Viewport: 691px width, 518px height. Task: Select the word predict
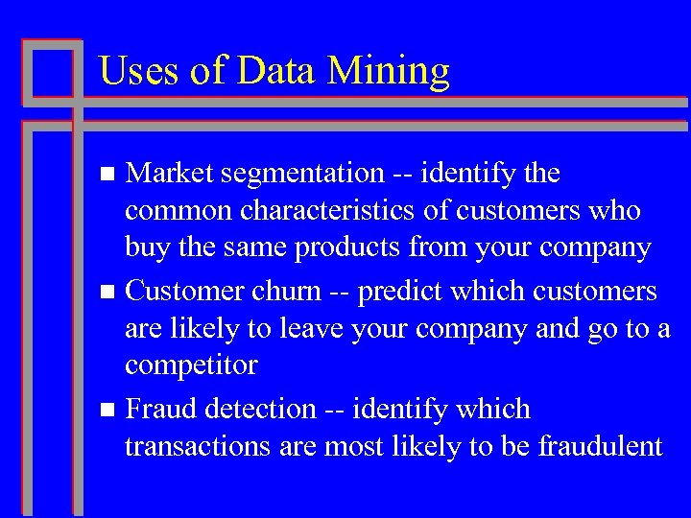tap(403, 291)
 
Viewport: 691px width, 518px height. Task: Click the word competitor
tap(191, 365)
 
